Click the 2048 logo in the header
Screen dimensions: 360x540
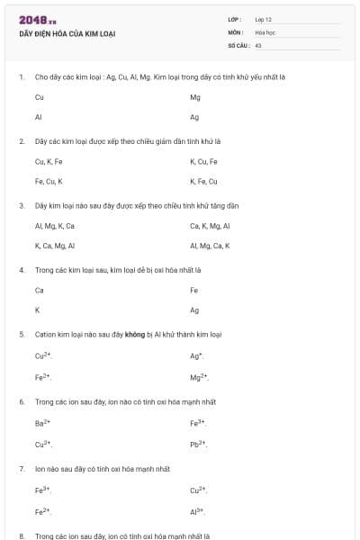pyautogui.click(x=38, y=20)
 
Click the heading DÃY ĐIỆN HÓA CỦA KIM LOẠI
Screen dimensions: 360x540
pyautogui.click(x=67, y=34)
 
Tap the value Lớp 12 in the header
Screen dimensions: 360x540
pyautogui.click(x=263, y=19)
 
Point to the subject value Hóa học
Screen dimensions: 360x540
pyautogui.click(x=265, y=31)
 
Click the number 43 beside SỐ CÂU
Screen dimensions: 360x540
pyautogui.click(x=258, y=44)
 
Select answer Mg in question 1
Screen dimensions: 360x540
pyautogui.click(x=195, y=96)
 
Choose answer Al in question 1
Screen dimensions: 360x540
pyautogui.click(x=39, y=117)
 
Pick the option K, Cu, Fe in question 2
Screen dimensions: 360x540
pyautogui.click(x=203, y=161)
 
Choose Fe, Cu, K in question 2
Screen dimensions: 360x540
pyautogui.click(x=49, y=181)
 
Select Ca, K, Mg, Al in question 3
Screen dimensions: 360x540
pyautogui.click(x=210, y=225)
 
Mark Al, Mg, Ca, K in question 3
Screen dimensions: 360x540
pyautogui.click(x=210, y=245)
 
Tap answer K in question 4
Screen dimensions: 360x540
pyautogui.click(x=37, y=310)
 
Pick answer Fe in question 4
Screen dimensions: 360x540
pyautogui.click(x=194, y=290)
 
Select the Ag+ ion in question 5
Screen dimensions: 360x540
pyautogui.click(x=196, y=355)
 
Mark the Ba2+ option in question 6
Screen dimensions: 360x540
pyautogui.click(x=42, y=422)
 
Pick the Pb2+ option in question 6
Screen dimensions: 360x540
pyautogui.click(x=199, y=444)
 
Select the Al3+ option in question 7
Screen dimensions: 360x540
pyautogui.click(x=198, y=510)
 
